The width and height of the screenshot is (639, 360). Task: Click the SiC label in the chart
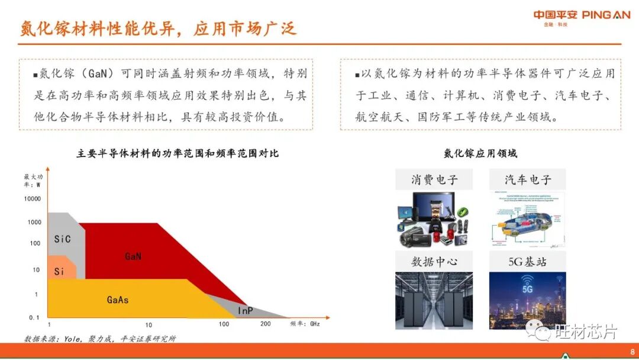(62, 239)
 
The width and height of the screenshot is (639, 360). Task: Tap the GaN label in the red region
(133, 256)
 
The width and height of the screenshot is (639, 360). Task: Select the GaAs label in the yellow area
(118, 300)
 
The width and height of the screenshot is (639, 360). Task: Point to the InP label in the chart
(246, 310)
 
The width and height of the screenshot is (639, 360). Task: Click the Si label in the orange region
(59, 272)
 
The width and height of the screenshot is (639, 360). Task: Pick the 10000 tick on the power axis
(33, 199)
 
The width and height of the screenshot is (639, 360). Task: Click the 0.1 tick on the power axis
(34, 317)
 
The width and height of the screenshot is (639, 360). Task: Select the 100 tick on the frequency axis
(224, 324)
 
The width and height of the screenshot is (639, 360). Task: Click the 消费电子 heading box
(434, 179)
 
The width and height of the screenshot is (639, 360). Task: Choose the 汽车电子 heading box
(528, 179)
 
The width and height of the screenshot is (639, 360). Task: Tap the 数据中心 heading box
(434, 261)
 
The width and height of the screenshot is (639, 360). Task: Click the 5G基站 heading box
(528, 261)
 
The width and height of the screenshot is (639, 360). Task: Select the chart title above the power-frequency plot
(177, 153)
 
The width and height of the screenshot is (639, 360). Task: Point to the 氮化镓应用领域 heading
(480, 153)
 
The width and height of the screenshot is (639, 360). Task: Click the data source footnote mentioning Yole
(100, 339)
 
